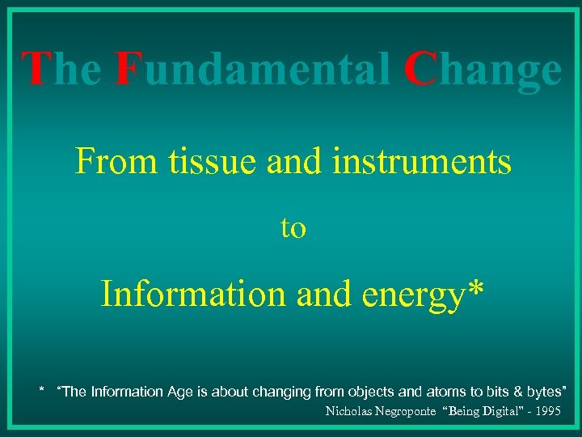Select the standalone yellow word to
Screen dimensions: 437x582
[293, 229]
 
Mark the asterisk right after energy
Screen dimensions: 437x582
[477, 289]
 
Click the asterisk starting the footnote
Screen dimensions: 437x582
[42, 392]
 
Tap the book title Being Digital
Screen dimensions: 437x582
[491, 411]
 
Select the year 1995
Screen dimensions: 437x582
[548, 411]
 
